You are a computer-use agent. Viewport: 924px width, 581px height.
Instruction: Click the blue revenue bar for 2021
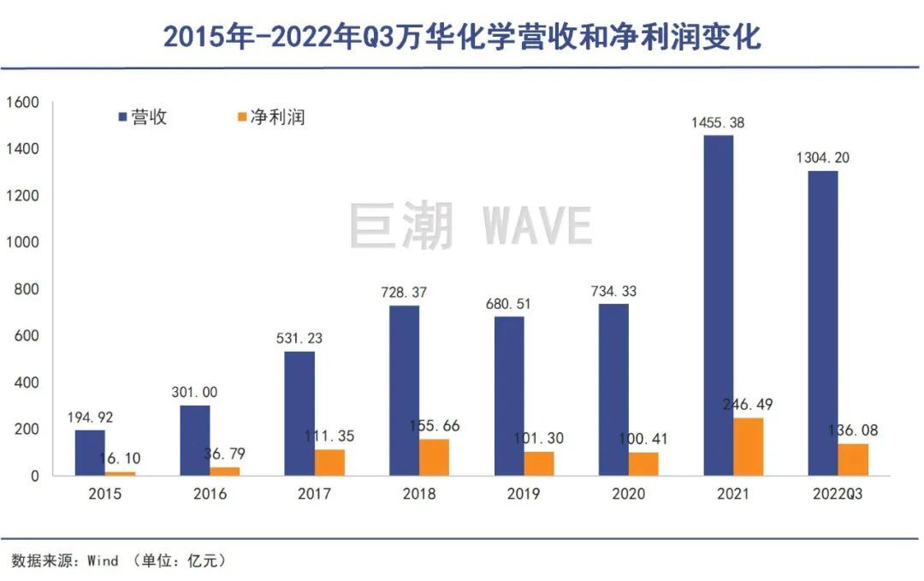718,305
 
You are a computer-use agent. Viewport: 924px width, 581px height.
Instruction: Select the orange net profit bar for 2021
749,447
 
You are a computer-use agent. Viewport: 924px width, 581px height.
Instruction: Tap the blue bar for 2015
90,453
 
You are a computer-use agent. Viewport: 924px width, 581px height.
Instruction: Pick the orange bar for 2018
434,458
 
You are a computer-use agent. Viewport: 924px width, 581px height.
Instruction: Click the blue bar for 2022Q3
823,323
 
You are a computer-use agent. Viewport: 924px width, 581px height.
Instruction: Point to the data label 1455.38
718,123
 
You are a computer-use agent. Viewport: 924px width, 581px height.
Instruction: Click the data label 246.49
749,405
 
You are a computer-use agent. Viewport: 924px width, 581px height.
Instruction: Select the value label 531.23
299,339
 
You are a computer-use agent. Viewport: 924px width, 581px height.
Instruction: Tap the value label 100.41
643,439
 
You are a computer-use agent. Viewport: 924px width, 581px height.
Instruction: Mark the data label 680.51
509,304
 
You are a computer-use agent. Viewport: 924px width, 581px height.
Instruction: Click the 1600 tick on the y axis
23,103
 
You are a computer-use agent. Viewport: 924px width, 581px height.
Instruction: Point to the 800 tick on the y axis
27,289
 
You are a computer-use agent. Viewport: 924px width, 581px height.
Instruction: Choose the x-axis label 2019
523,494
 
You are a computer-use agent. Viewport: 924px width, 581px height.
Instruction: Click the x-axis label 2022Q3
838,494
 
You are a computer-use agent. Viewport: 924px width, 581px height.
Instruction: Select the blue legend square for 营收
121,116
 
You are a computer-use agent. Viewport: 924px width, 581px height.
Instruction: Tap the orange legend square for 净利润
240,116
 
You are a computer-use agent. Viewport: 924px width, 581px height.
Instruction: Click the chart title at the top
462,37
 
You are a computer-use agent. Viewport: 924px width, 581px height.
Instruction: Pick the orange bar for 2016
224,471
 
